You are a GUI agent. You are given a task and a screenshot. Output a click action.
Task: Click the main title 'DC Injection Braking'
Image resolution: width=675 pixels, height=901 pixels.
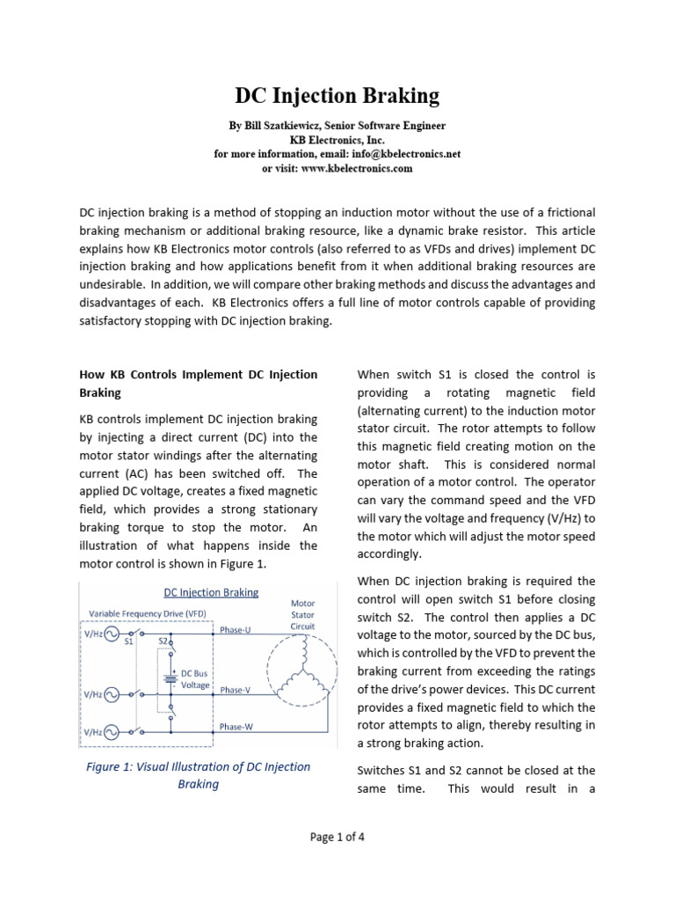(337, 95)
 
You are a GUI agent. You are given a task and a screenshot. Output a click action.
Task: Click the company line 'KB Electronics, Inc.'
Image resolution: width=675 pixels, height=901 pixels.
(337, 140)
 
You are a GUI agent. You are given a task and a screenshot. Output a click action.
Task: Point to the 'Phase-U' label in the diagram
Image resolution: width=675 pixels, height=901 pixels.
(236, 630)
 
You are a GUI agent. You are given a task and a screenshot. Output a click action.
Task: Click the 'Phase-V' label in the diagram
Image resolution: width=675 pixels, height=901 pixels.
(236, 690)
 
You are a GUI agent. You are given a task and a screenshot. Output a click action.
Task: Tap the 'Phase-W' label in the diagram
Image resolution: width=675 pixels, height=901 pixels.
(236, 727)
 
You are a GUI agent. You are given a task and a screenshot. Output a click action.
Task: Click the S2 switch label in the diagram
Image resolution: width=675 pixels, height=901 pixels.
(163, 641)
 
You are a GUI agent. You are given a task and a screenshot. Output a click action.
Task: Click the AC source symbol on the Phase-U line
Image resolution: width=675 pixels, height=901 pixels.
(112, 634)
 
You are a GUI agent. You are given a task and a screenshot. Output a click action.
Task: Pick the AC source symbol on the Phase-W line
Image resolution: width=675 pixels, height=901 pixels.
(112, 731)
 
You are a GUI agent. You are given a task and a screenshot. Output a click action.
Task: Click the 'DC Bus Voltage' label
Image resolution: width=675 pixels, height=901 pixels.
(195, 678)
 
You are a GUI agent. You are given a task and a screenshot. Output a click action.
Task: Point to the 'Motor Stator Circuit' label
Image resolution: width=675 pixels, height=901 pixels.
(302, 615)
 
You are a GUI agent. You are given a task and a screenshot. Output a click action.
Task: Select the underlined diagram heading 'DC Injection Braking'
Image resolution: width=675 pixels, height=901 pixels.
(212, 592)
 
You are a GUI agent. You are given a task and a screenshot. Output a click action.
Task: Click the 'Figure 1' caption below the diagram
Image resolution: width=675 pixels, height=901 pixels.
(198, 775)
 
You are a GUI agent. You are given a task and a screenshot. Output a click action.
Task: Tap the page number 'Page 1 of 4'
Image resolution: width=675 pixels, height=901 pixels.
(337, 837)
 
